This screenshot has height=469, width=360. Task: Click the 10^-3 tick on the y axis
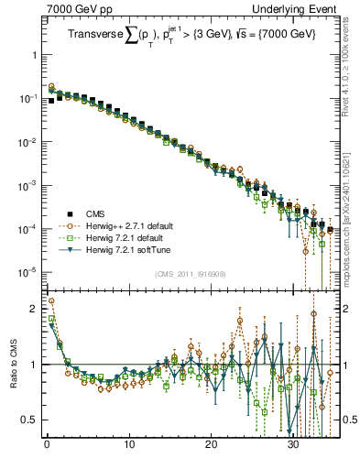(27, 184)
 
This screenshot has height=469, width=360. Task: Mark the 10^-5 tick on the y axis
(27, 271)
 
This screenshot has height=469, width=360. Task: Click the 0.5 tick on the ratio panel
(29, 420)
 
